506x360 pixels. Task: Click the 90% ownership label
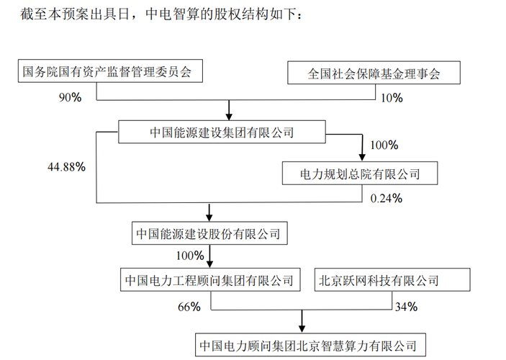click(70, 97)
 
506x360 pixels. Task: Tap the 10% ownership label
click(392, 98)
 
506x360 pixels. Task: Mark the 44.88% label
click(66, 167)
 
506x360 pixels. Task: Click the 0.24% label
click(387, 198)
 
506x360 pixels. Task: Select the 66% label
click(189, 307)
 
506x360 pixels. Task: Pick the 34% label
click(406, 307)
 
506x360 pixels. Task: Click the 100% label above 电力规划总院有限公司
click(384, 145)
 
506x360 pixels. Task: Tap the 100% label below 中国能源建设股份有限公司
click(190, 256)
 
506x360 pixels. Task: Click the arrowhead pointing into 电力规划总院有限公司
click(362, 157)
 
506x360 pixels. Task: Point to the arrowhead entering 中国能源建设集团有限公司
click(229, 116)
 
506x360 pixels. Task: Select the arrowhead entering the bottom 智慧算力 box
click(302, 329)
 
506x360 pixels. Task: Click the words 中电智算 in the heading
click(172, 14)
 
